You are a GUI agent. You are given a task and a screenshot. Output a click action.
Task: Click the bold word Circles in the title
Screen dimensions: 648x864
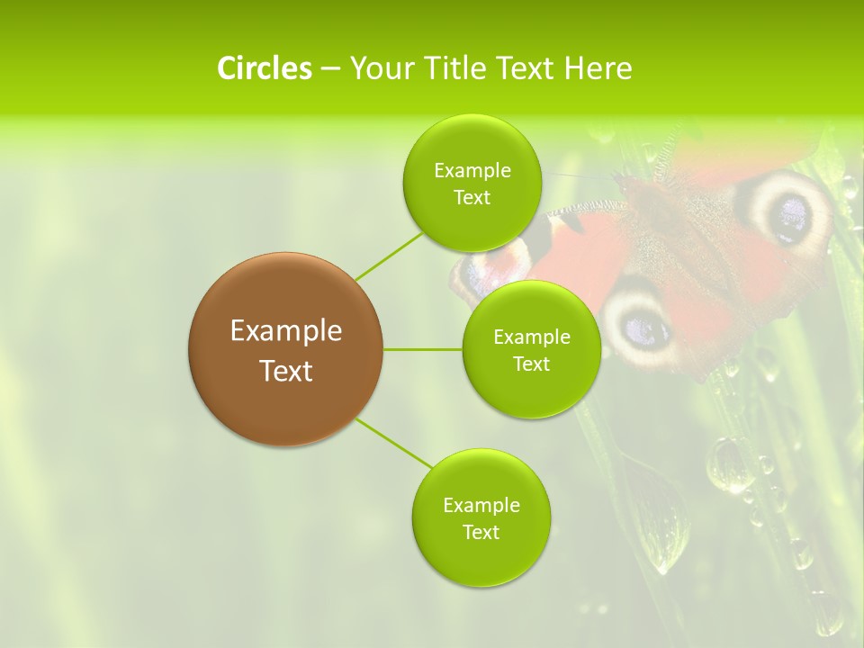click(264, 67)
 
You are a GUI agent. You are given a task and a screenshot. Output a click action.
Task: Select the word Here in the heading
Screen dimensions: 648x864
click(598, 67)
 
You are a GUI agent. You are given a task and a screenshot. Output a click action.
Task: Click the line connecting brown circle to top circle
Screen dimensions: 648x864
click(389, 256)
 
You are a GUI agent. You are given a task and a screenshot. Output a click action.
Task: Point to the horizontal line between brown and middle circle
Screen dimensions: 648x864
click(423, 349)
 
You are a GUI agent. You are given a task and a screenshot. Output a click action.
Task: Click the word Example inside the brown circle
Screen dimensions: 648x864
click(285, 331)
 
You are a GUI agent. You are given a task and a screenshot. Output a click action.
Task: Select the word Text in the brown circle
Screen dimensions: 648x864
click(285, 371)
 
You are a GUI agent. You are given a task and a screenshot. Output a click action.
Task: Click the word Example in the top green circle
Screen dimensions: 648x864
click(472, 171)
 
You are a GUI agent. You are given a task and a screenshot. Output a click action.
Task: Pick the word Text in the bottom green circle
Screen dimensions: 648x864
click(481, 532)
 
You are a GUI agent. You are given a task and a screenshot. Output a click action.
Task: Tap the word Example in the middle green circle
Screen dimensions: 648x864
click(531, 337)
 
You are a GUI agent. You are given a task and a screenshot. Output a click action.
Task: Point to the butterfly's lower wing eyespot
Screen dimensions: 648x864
click(641, 324)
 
